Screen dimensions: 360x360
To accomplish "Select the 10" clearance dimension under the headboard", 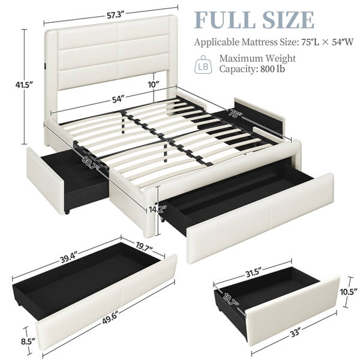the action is coord(154,85).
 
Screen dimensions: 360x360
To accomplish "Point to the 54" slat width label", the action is coord(118,99).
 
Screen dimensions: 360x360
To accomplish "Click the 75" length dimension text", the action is coord(234,113).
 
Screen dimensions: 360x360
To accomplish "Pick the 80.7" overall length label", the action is coord(91,163).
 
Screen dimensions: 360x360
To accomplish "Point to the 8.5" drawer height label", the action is coord(28,341).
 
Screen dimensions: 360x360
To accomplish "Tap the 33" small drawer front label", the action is coord(295,332).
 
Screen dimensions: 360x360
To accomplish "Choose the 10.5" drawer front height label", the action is coord(349,292).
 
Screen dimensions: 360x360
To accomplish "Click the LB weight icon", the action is coord(203,65).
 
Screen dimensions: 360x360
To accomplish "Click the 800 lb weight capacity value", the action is coord(272,68).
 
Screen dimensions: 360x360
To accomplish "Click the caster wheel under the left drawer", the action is coord(67,213).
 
